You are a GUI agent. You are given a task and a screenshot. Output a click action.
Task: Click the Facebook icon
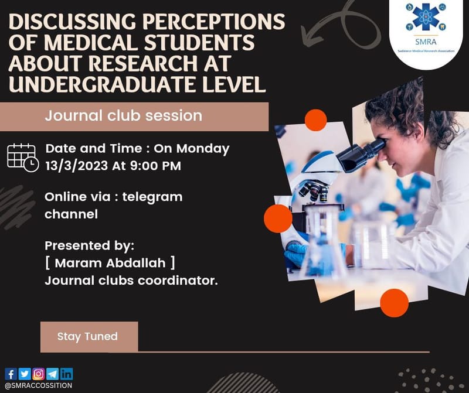pyautogui.click(x=11, y=374)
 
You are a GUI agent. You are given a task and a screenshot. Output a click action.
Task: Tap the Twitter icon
pyautogui.click(x=25, y=374)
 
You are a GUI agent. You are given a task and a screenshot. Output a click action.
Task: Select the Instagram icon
pyautogui.click(x=39, y=374)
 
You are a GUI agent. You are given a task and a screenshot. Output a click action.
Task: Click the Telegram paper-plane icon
pyautogui.click(x=53, y=374)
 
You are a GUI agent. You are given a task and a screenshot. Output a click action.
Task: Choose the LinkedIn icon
pyautogui.click(x=67, y=374)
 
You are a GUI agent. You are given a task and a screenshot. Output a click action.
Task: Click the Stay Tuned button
pyautogui.click(x=89, y=337)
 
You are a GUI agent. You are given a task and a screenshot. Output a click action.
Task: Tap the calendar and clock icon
pyautogui.click(x=22, y=156)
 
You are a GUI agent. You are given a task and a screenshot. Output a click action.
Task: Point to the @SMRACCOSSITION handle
pyautogui.click(x=38, y=386)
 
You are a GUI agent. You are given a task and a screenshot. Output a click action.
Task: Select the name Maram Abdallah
pyautogui.click(x=110, y=263)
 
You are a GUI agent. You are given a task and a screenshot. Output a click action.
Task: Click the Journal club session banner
pyautogui.click(x=124, y=115)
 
